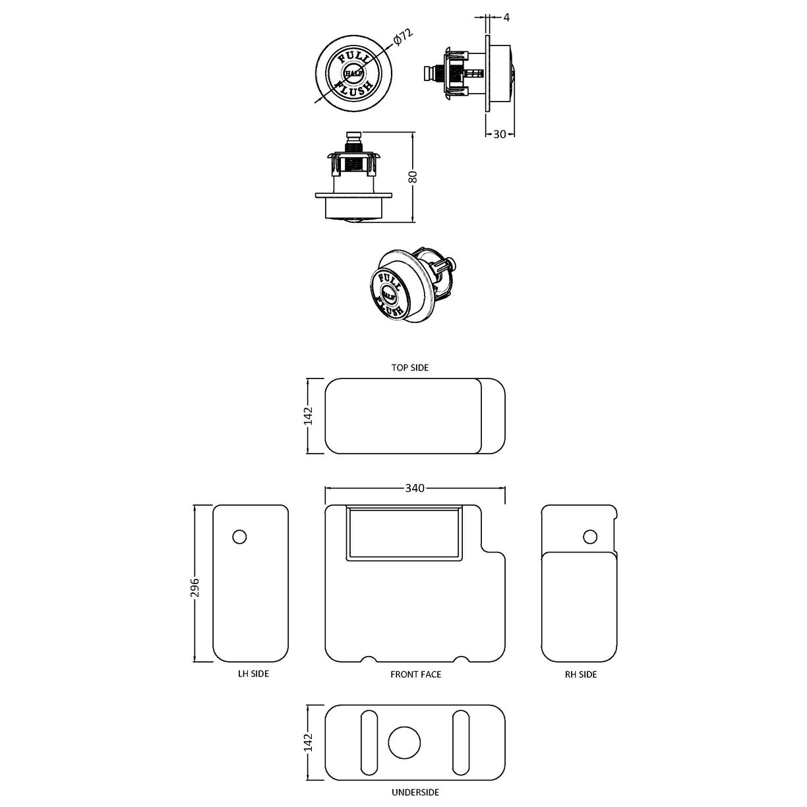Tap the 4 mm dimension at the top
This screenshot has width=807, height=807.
tap(506, 18)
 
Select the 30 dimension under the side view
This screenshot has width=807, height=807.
tap(500, 134)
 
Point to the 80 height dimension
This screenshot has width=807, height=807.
tap(412, 177)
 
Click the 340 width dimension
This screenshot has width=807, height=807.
tap(415, 488)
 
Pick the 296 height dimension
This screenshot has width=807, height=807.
tap(194, 583)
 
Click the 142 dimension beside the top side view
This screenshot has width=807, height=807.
tap(309, 416)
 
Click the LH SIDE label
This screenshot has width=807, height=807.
tap(253, 674)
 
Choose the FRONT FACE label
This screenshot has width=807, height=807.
tap(415, 674)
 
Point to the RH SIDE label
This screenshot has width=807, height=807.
tap(581, 674)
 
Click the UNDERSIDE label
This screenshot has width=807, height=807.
tap(415, 792)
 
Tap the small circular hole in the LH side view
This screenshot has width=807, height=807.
tap(240, 537)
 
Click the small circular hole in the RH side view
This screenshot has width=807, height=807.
tap(591, 537)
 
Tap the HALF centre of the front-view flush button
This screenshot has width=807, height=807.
tap(353, 73)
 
